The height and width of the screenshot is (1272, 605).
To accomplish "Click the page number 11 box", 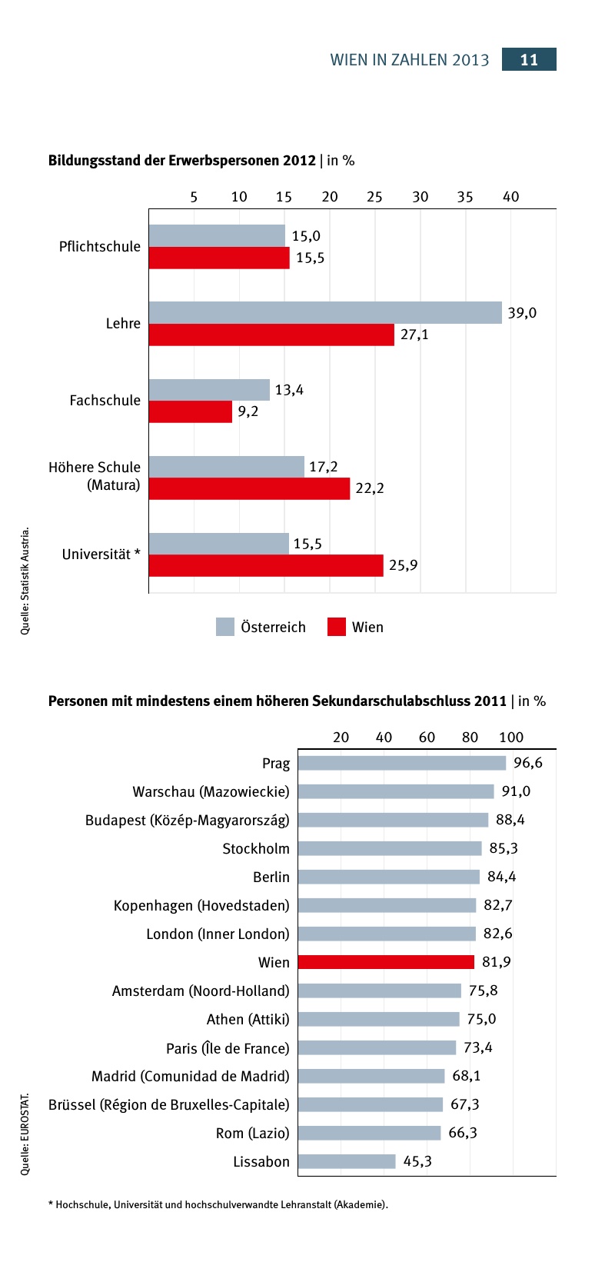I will [x=529, y=60].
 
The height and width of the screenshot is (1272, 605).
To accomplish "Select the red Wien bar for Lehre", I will [x=271, y=335].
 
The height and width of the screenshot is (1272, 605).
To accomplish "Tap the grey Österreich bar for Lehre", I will [x=324, y=313].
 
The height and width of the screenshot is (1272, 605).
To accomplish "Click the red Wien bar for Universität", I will [x=265, y=565].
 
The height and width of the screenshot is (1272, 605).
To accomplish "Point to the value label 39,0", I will [x=522, y=313].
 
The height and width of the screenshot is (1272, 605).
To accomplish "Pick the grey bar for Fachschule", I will [x=209, y=390].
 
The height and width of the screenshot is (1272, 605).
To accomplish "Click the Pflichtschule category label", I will [x=100, y=247].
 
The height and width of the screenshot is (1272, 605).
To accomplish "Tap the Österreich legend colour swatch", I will [x=225, y=627].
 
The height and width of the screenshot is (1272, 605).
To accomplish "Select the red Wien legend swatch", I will [x=337, y=627].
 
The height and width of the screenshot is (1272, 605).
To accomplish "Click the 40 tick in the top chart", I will [x=510, y=197].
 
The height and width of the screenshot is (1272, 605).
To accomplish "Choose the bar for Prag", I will [x=401, y=763].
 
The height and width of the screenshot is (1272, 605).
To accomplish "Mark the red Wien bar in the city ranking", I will [x=386, y=962].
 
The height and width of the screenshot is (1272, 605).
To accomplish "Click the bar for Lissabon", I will [x=347, y=1161].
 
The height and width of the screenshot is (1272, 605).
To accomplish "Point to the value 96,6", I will [x=528, y=763].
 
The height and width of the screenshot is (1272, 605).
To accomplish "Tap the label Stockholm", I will [x=256, y=849].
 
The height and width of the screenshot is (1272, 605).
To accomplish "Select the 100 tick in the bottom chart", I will [x=511, y=738].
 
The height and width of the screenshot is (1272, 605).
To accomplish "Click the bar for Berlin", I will [x=388, y=877].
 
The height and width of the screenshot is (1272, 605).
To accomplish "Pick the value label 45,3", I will [x=417, y=1161].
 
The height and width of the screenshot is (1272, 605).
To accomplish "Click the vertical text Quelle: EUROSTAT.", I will [x=25, y=1134].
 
